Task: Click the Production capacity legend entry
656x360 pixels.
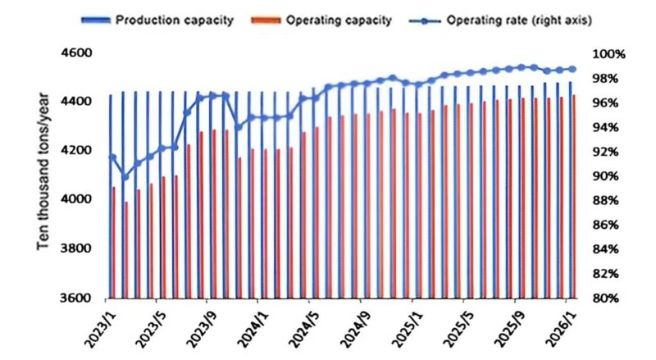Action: click(x=157, y=21)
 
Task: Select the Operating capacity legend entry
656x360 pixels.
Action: click(x=321, y=21)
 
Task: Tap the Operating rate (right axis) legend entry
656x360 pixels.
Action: click(x=500, y=21)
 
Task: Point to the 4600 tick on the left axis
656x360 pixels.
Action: click(x=75, y=53)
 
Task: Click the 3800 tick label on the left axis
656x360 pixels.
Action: click(x=75, y=248)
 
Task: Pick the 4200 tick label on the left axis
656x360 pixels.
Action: click(x=75, y=151)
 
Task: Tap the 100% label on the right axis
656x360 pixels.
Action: click(x=608, y=54)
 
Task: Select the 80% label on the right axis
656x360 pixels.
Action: click(x=606, y=298)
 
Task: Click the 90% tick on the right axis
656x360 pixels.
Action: click(x=606, y=176)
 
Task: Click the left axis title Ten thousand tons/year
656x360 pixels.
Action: click(x=43, y=171)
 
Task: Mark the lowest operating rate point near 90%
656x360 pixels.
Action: click(x=125, y=176)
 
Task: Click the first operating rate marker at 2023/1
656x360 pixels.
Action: click(x=112, y=157)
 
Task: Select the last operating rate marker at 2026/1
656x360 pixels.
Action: click(x=572, y=70)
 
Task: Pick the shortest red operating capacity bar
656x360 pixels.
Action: click(x=126, y=250)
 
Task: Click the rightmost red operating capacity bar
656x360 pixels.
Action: click(x=574, y=197)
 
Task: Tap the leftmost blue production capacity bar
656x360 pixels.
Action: click(x=111, y=197)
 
